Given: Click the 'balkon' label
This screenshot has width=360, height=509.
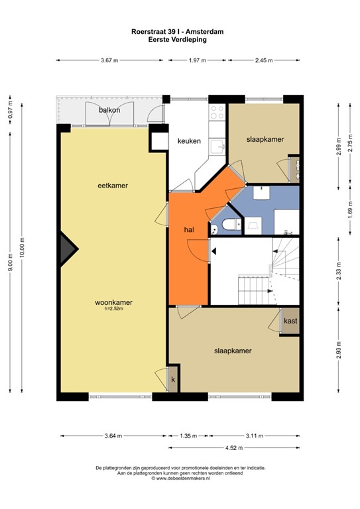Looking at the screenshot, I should click(109, 110).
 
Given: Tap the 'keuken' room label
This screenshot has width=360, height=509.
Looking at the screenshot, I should click(189, 141).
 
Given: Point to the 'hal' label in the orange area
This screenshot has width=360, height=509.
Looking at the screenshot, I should click(189, 229).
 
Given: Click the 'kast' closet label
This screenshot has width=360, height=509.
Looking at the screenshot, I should click(290, 321).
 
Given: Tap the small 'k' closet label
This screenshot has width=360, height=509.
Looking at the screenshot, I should click(173, 379).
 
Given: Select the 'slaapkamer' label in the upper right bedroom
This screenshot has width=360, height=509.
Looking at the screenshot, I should click(265, 140).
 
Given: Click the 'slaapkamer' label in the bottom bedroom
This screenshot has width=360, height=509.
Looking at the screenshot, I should click(232, 351).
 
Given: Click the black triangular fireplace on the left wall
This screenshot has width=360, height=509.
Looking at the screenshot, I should click(67, 251).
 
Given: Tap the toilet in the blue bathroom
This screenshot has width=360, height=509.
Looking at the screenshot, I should click(229, 225).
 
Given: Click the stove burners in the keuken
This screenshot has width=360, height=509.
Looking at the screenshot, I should click(217, 112).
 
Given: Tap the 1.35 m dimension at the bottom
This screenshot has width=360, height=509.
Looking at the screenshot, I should click(188, 435).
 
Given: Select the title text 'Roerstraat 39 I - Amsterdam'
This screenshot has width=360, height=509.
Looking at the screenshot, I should click(180, 31).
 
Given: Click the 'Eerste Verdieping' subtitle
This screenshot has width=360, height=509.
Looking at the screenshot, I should click(180, 39).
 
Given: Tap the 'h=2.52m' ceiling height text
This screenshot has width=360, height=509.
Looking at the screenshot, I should click(114, 309).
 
